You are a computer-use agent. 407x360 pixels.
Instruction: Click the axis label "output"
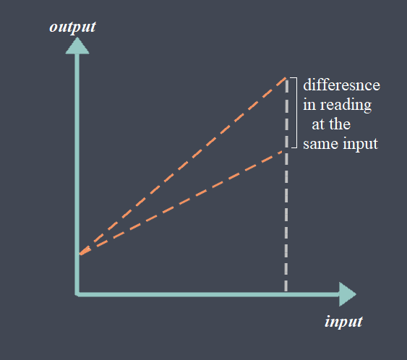click(x=73, y=27)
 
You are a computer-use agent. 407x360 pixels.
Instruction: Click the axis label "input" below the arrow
click(x=343, y=322)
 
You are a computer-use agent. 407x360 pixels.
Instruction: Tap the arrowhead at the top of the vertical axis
click(x=77, y=46)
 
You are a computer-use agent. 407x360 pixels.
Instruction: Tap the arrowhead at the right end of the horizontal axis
click(x=348, y=294)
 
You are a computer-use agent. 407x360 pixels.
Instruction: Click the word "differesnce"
click(x=342, y=85)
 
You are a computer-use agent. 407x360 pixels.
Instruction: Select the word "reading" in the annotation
click(x=346, y=106)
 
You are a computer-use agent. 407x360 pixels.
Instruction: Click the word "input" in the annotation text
click(x=360, y=145)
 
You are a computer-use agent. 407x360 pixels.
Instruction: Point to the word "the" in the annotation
click(x=340, y=124)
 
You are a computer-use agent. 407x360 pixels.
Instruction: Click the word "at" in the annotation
click(x=318, y=125)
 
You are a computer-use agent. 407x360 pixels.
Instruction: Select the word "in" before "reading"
click(x=309, y=105)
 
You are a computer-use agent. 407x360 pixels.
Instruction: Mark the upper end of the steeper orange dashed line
click(x=286, y=77)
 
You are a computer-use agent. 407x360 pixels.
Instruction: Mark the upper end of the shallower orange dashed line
click(x=283, y=152)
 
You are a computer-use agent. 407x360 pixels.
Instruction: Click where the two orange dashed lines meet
click(x=80, y=254)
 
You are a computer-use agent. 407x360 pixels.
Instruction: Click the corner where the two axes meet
click(x=77, y=294)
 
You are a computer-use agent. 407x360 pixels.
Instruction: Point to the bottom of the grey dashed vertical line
click(x=286, y=291)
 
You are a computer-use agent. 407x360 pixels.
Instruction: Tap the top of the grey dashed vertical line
click(x=286, y=80)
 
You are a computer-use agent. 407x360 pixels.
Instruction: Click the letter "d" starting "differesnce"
click(x=307, y=85)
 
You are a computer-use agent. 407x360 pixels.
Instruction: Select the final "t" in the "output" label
click(x=93, y=27)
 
